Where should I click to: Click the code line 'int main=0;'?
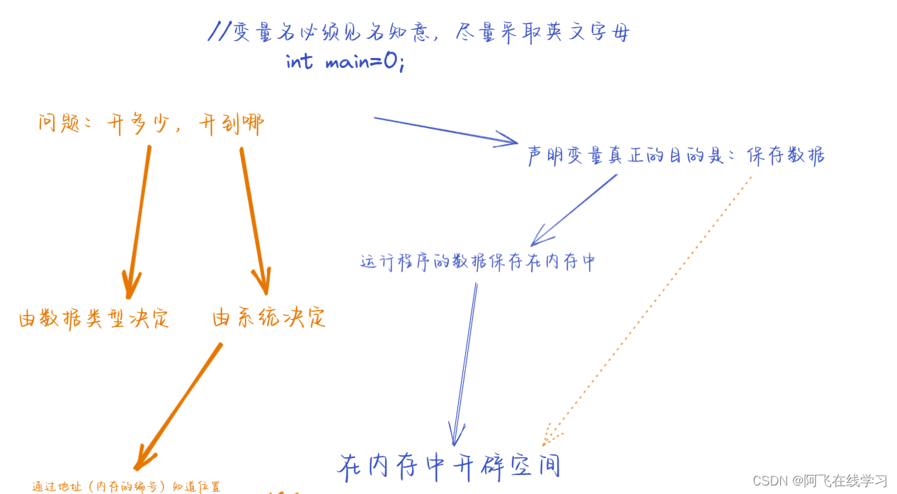[345, 62]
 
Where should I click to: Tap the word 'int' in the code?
[299, 62]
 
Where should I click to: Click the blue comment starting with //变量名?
[418, 32]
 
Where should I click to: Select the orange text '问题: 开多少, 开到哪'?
[151, 125]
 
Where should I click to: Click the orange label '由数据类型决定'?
[94, 319]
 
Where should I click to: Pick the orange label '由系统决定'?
[269, 318]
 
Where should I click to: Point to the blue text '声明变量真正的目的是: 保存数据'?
[676, 156]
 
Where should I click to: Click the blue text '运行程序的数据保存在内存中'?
[478, 262]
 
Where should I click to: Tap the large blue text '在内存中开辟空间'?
[450, 466]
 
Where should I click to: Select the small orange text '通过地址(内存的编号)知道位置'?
[126, 486]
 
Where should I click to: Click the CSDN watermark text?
[819, 481]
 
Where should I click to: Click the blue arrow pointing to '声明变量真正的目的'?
[446, 131]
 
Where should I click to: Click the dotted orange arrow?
[648, 304]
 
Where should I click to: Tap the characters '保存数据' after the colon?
[786, 156]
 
